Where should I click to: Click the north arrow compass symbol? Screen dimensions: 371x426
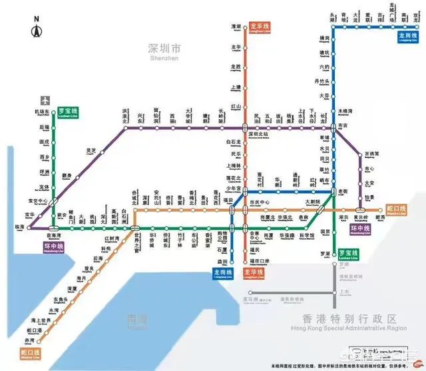click(x=37, y=28)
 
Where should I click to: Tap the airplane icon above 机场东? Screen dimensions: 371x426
click(x=45, y=100)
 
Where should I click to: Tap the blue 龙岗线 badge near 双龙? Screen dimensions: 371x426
click(x=405, y=37)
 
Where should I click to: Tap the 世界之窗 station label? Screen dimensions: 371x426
click(x=136, y=238)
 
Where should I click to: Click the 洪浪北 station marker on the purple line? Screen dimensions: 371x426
click(x=124, y=129)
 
